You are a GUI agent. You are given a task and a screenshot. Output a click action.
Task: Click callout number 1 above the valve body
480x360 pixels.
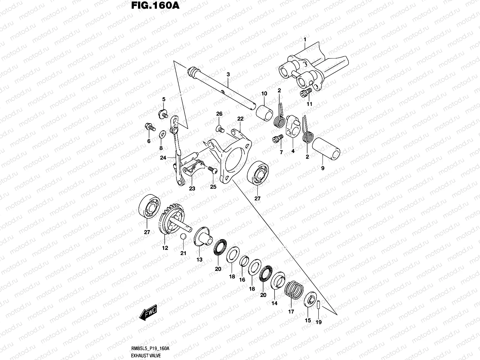pyautogui.click(x=305, y=40)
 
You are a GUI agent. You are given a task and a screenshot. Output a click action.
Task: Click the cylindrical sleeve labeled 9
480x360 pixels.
pyautogui.click(x=326, y=149)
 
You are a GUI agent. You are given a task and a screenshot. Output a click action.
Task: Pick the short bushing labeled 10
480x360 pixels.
pyautogui.click(x=264, y=112)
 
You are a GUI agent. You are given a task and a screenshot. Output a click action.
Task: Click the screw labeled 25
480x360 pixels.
pyautogui.click(x=212, y=170)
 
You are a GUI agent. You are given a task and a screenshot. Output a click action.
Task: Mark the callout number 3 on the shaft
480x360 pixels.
pyautogui.click(x=228, y=73)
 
